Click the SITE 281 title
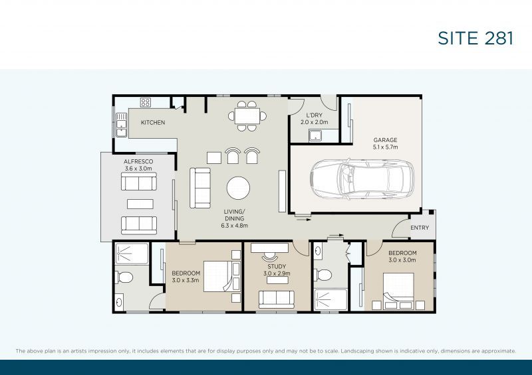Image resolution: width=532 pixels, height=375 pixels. click(475, 38)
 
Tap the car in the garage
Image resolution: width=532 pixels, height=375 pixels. click(362, 180)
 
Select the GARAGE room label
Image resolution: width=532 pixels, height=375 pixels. click(385, 140)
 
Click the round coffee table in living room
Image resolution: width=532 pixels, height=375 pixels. click(238, 188)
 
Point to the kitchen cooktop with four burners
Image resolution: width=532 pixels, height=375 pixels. click(146, 102)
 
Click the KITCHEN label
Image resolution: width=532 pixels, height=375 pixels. click(153, 122)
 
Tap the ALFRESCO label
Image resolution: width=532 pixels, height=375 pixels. click(138, 161)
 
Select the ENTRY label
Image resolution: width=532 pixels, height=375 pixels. click(420, 228)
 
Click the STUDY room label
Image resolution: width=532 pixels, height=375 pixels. click(277, 267)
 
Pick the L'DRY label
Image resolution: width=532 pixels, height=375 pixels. click(314, 115)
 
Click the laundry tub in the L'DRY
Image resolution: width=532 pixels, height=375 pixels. click(315, 135)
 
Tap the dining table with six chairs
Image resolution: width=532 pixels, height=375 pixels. click(247, 116)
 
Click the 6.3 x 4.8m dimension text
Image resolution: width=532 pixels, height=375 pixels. click(235, 226)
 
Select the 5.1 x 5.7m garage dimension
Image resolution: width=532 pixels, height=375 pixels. click(386, 147)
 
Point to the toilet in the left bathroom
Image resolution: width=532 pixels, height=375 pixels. click(124, 277)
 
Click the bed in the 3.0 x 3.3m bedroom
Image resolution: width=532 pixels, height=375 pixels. click(221, 276)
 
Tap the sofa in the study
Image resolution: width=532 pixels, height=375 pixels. click(277, 299)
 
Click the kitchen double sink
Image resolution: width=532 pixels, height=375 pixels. click(121, 125)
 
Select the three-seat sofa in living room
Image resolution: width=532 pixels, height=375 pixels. click(200, 188)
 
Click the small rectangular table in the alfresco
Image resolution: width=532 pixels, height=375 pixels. click(140, 204)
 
